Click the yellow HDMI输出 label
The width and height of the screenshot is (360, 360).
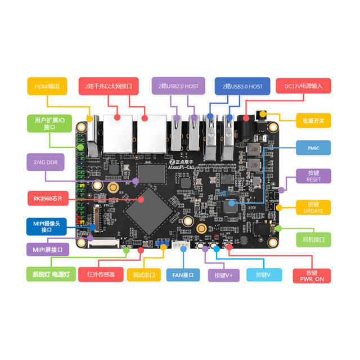[x=47, y=85]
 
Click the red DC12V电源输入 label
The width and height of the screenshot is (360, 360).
[x=303, y=85]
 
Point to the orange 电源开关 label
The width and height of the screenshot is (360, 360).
[x=313, y=119]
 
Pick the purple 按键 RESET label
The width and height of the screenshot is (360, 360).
[x=313, y=176]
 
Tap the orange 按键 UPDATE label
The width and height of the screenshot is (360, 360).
[x=313, y=207]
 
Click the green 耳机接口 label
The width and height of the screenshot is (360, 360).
[x=313, y=239]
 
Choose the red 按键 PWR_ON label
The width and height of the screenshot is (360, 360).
[x=312, y=275]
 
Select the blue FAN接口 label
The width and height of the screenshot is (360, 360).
[x=183, y=275]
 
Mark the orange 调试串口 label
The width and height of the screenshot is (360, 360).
[x=144, y=275]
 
